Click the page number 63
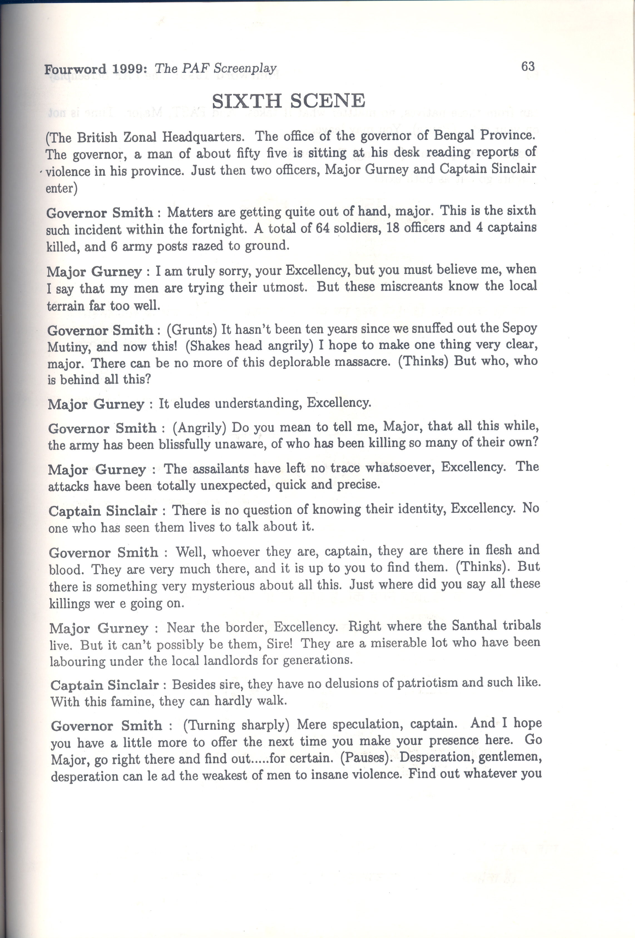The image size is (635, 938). click(x=528, y=66)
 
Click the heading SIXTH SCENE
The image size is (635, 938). click(x=289, y=100)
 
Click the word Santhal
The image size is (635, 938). click(x=475, y=626)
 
